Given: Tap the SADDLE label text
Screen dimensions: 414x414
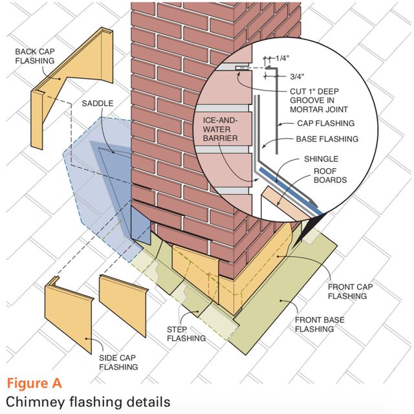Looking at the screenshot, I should coord(99,103).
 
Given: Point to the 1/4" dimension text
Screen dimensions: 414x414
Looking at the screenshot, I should coord(282,58).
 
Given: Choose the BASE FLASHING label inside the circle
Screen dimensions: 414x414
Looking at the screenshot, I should coord(327,139).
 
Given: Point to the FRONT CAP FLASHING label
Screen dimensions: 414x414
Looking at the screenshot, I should coord(349,292).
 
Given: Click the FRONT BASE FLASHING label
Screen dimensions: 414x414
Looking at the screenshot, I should coord(316,324).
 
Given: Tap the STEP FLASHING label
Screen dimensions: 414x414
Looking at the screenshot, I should coord(186,334).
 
